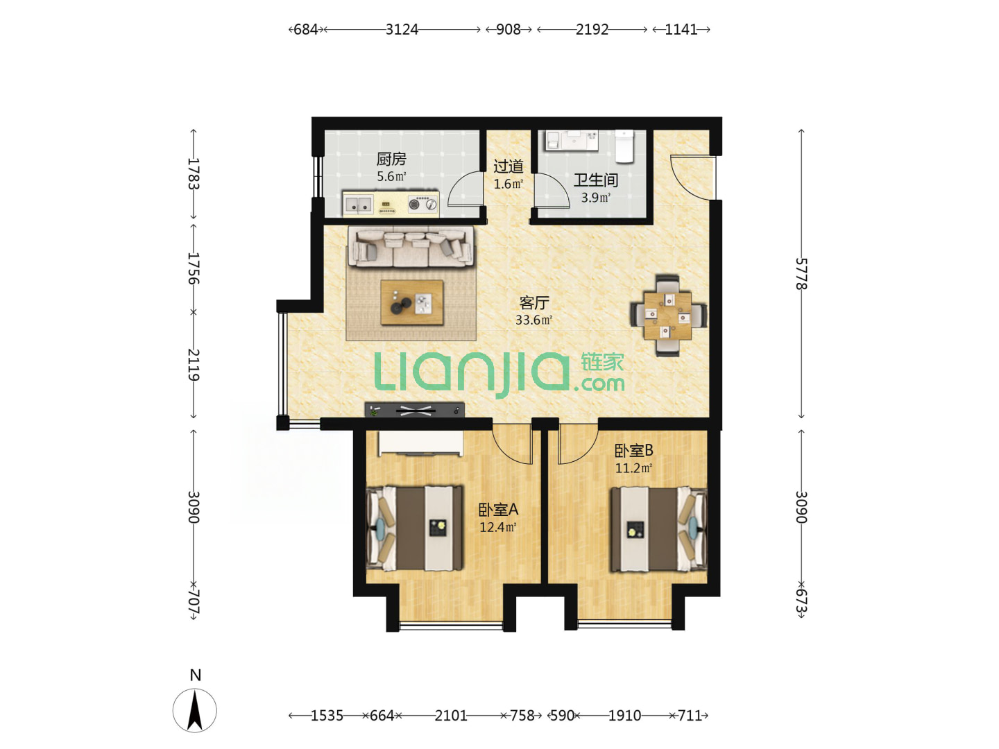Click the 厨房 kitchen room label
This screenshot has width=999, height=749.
click(391, 160)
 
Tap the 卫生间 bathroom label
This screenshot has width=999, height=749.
click(595, 180)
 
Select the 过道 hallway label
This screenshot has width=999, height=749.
click(508, 166)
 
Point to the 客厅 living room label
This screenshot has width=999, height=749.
click(534, 303)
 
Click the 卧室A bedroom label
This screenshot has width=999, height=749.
click(498, 510)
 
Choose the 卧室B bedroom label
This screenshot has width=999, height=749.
click(633, 450)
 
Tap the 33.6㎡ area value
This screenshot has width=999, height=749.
click(533, 320)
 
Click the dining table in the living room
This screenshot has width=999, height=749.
click(667, 315)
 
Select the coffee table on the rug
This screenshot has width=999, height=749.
click(411, 302)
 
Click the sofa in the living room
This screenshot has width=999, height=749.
click(411, 246)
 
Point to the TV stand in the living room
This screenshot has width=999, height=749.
click(414, 410)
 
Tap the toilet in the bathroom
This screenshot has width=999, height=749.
click(624, 146)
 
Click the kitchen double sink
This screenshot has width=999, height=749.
click(358, 205)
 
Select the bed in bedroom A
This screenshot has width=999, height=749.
click(415, 528)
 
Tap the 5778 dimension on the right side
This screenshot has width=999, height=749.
click(801, 274)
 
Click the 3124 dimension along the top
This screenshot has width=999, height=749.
click(402, 30)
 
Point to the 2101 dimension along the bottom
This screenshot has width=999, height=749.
click(450, 715)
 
